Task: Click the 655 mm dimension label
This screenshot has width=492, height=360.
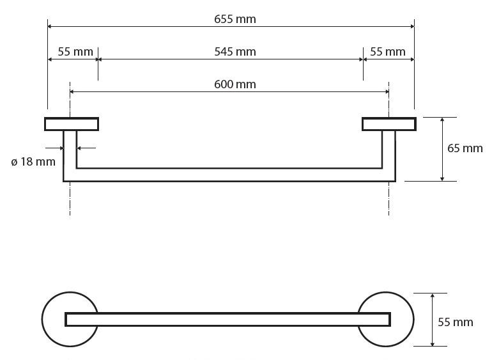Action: pos(235,19)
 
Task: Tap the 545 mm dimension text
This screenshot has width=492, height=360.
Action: pos(235,52)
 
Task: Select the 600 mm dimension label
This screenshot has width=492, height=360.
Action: pos(235,84)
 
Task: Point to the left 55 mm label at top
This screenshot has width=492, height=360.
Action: pos(75,52)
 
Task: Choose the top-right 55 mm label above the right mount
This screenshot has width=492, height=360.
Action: pos(387,52)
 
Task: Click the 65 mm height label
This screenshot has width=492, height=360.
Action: pos(465,148)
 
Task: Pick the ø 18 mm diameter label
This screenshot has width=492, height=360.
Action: pos(33,162)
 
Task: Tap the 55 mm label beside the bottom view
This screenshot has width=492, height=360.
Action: pos(456,322)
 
